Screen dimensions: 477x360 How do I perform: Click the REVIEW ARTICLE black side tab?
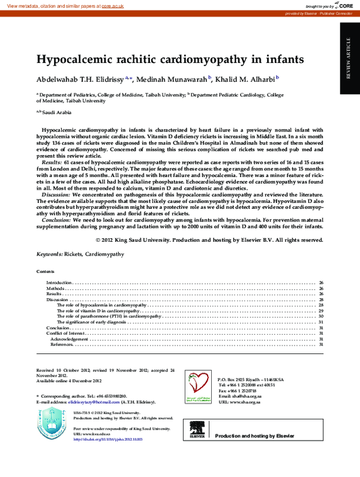coord(350,58)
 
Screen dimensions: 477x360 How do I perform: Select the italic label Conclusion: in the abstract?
coord(56,220)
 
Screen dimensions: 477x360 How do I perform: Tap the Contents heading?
coord(45,272)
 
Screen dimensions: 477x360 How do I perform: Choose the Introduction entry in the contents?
coord(59,282)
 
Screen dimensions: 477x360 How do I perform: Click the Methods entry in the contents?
coord(55,288)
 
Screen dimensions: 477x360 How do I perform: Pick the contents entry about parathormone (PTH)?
coord(109,316)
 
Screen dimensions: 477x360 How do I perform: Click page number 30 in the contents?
coord(321,316)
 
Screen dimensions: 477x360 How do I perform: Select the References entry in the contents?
coord(62,344)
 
